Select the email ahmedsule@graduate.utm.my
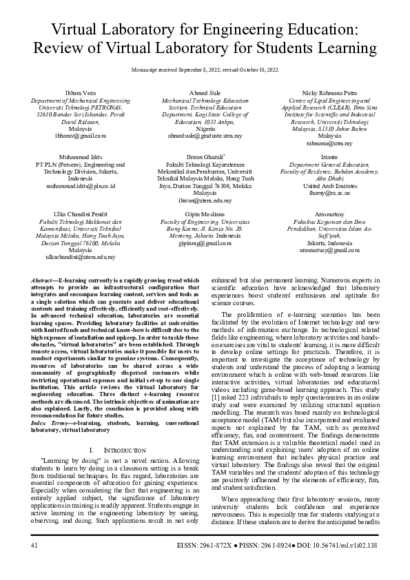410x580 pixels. coord(205,136)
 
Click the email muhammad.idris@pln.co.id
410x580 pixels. coord(80,186)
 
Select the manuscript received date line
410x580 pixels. coord(205,70)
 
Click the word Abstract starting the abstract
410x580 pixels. coord(44,281)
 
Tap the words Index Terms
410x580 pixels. coord(49,404)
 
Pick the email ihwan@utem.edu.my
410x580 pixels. coord(205,200)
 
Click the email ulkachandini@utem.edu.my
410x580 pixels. coord(80,256)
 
